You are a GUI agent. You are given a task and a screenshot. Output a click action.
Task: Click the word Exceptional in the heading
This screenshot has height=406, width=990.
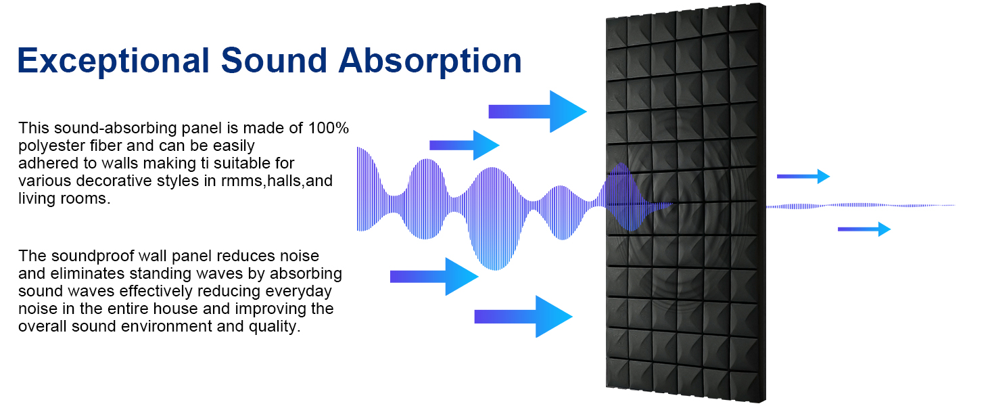tap(112, 60)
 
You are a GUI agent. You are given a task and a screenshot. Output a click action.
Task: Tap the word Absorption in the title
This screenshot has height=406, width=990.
tap(430, 60)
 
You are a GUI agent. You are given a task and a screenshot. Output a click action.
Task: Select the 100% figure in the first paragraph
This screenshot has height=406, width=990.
tap(329, 128)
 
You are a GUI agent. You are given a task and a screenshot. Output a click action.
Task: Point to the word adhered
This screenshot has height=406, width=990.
tap(45, 163)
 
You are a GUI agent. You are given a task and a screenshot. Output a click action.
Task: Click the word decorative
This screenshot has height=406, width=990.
tap(104, 181)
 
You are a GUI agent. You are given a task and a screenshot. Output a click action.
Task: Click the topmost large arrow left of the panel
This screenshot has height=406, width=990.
tap(537, 112)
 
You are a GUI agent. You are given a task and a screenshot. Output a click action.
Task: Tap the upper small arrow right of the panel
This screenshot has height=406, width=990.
tap(803, 177)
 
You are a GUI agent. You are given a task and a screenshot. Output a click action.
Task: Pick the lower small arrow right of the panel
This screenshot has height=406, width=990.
tap(864, 229)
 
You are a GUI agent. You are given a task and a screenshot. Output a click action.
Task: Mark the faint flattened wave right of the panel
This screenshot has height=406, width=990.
tap(859, 205)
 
